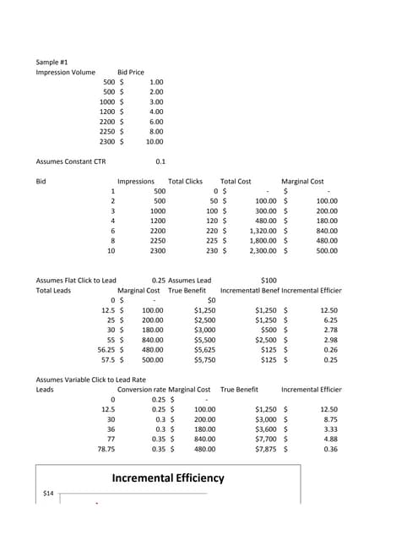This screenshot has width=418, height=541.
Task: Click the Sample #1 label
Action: coord(52,63)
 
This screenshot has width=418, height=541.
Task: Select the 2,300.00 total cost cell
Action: coord(262,251)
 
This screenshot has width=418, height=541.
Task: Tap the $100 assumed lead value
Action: coord(269,280)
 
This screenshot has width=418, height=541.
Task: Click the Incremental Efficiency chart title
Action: coord(168,478)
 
